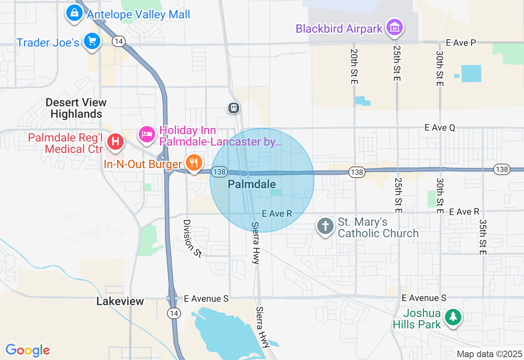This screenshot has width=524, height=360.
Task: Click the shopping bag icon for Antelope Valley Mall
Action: click(74, 13)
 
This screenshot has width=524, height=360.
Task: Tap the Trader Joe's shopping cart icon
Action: click(92, 41)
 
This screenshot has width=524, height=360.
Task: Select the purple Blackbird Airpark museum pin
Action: click(395, 27)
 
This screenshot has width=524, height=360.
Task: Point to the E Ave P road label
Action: click(461, 43)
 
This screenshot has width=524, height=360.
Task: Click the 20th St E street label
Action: click(354, 67)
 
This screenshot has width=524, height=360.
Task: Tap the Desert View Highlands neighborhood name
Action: click(76, 108)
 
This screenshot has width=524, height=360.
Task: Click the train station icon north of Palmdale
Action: click(234, 108)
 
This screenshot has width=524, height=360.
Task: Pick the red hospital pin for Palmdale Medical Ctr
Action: click(115, 142)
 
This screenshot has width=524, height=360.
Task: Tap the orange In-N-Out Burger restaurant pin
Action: click(194, 162)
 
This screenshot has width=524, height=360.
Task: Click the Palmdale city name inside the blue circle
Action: click(252, 184)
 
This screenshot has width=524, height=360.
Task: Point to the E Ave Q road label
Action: click(440, 128)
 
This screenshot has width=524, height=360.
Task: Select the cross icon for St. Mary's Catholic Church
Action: click(325, 225)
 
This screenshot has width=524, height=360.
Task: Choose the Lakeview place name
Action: click(120, 301)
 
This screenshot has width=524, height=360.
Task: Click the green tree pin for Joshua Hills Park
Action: click(453, 317)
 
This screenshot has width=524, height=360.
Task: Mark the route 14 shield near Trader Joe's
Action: click(119, 41)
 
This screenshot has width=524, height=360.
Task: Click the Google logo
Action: click(27, 350)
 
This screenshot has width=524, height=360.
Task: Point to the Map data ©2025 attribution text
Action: click(490, 354)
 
